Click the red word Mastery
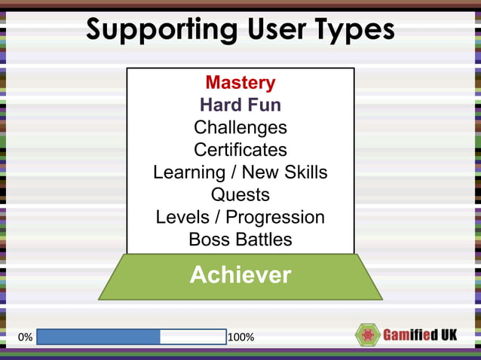(240, 82)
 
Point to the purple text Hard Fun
(240, 105)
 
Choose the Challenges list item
(240, 127)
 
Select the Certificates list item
(240, 150)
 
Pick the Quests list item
(240, 194)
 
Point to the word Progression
(275, 218)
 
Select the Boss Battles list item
(240, 239)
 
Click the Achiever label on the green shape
(240, 275)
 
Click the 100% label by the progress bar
(240, 337)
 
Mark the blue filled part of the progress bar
(98, 337)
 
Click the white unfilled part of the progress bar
(193, 337)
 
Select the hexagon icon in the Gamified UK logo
(367, 335)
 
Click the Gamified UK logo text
(421, 335)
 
